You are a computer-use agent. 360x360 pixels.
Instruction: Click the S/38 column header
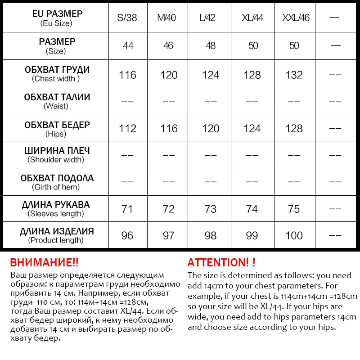[127, 18]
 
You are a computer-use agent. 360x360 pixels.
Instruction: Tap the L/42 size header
[210, 18]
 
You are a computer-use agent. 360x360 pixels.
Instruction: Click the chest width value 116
[127, 75]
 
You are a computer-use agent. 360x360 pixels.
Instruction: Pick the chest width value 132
[294, 75]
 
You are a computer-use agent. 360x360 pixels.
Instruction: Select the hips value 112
[127, 129]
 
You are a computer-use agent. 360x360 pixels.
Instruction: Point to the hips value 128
[294, 129]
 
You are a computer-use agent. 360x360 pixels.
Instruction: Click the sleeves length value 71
[127, 209]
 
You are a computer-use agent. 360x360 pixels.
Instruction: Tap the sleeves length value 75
[294, 209]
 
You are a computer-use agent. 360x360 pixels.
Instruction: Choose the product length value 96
[127, 236]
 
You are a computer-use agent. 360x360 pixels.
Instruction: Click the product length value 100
[294, 236]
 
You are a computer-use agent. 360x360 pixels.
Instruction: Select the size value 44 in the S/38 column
[127, 46]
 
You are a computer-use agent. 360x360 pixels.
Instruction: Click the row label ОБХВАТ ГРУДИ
[57, 70]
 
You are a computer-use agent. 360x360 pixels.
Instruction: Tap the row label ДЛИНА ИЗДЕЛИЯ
[57, 232]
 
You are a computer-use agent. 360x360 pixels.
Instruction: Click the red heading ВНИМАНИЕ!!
[44, 263]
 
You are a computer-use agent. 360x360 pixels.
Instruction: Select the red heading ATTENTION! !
[221, 263]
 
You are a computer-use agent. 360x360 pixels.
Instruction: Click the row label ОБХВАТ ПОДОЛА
[57, 178]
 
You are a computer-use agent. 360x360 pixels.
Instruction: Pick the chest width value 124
[210, 75]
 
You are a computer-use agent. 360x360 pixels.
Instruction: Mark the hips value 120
[210, 129]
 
